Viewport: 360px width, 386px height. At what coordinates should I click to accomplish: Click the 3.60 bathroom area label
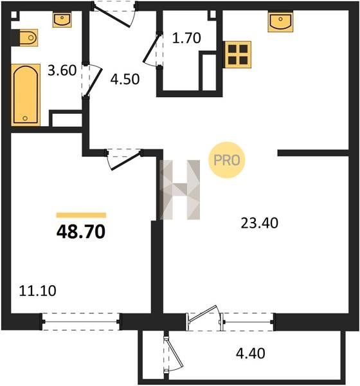(x=62, y=70)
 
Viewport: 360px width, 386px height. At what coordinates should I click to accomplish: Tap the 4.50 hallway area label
(x=125, y=79)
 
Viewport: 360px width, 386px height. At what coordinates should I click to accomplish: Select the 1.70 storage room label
(x=186, y=39)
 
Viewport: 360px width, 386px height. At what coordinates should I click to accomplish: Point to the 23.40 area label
(x=259, y=223)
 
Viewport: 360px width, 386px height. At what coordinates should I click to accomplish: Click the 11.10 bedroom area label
(x=37, y=291)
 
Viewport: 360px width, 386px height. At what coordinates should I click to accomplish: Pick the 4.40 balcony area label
(x=251, y=353)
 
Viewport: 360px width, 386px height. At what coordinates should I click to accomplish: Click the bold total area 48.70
(x=81, y=232)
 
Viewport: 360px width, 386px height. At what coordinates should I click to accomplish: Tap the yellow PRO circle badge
(x=227, y=160)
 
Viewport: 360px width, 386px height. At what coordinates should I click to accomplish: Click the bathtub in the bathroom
(x=26, y=95)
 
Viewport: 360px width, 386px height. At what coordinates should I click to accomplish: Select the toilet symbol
(x=28, y=38)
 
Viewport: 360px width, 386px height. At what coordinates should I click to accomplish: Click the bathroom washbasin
(x=62, y=20)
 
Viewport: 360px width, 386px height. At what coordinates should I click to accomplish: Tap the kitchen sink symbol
(x=280, y=21)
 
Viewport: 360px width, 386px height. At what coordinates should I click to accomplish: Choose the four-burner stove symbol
(x=237, y=55)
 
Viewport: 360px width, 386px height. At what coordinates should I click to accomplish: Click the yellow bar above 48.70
(x=81, y=215)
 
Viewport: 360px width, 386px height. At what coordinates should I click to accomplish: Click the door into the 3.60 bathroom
(x=93, y=82)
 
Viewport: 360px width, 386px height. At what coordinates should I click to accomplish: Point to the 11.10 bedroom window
(x=81, y=322)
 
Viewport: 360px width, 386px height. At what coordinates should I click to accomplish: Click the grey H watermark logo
(x=179, y=190)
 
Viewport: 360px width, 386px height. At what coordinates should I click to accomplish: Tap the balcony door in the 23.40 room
(x=203, y=314)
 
